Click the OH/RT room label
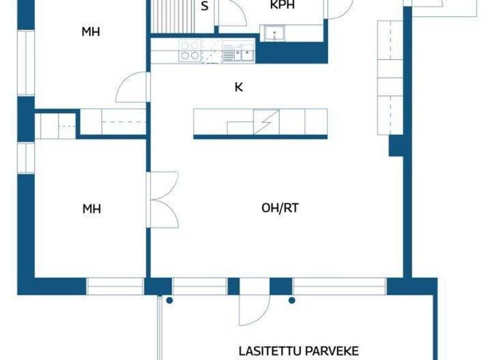[x=280, y=208]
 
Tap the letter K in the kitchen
[x=239, y=87]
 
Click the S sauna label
[x=205, y=7]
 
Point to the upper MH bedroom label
[x=91, y=32]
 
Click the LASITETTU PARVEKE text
[x=298, y=351]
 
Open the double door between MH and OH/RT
[x=163, y=199]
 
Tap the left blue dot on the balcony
[x=169, y=300]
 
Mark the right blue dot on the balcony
[x=291, y=300]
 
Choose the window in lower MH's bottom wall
[x=115, y=286]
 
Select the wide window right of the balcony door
[x=339, y=286]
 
